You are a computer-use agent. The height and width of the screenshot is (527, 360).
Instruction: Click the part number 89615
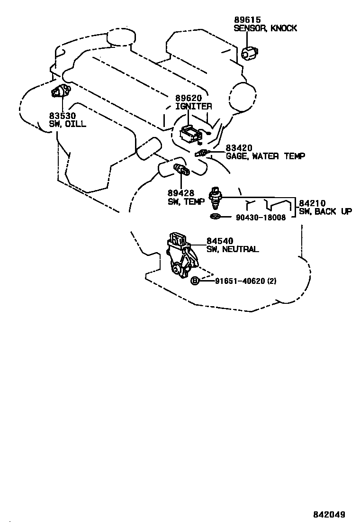click(247, 19)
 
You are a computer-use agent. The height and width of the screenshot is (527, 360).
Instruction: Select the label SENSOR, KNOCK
click(265, 28)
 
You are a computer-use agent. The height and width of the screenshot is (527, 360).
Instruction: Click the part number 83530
click(62, 116)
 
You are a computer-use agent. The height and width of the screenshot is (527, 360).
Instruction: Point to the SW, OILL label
click(68, 124)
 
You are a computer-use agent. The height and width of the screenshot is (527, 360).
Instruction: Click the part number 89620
click(189, 98)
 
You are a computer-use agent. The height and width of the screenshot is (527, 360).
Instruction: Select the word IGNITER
click(194, 106)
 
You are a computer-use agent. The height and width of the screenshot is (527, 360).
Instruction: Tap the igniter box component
click(190, 134)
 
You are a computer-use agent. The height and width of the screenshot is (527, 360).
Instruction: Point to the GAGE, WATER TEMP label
click(265, 155)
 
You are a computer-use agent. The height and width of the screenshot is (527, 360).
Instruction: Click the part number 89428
click(180, 193)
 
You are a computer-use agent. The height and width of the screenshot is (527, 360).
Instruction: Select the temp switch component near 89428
click(181, 170)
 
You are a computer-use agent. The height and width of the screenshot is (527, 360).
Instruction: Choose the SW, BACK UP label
click(325, 211)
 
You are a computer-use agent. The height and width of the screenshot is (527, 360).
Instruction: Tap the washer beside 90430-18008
click(215, 217)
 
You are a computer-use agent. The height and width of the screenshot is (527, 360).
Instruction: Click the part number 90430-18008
click(261, 218)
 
